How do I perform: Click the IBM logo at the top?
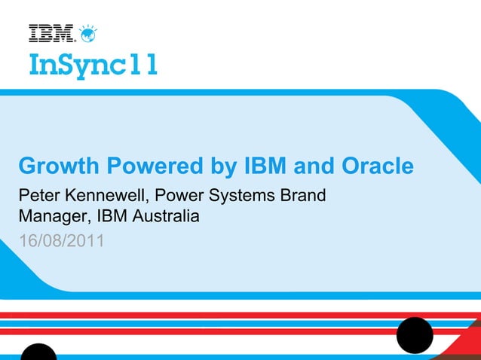(51, 33)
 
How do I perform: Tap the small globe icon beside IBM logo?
(88, 32)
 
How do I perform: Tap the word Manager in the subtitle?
(52, 218)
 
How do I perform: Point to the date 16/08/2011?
(61, 242)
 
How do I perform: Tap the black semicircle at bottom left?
(38, 353)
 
